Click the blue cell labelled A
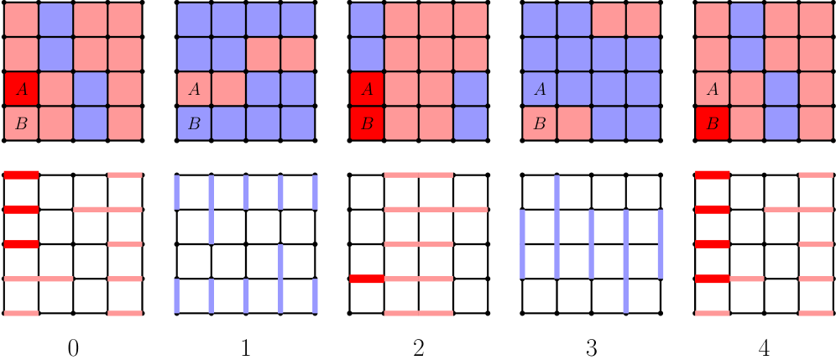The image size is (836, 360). click(540, 89)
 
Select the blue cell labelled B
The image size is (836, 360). click(194, 123)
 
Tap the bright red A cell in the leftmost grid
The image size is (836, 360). click(21, 89)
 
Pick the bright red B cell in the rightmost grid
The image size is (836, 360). click(713, 123)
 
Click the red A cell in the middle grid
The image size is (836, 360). click(367, 89)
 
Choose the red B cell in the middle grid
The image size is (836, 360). click(367, 123)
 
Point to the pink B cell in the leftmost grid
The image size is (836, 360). click(21, 123)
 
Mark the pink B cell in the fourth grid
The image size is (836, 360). click(540, 123)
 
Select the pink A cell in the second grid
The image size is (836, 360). click(194, 89)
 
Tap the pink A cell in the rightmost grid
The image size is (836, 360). click(713, 89)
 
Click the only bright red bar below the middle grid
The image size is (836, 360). click(366, 279)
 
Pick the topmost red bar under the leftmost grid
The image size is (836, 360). click(21, 175)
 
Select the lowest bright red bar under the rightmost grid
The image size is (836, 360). click(713, 279)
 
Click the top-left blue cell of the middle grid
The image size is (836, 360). click(367, 19)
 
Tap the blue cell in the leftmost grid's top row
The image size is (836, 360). click(56, 19)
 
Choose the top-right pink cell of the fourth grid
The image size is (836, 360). click(643, 19)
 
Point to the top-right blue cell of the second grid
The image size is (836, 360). click(298, 19)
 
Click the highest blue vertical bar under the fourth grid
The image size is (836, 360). click(556, 192)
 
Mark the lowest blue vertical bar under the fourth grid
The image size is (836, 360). click(625, 295)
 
